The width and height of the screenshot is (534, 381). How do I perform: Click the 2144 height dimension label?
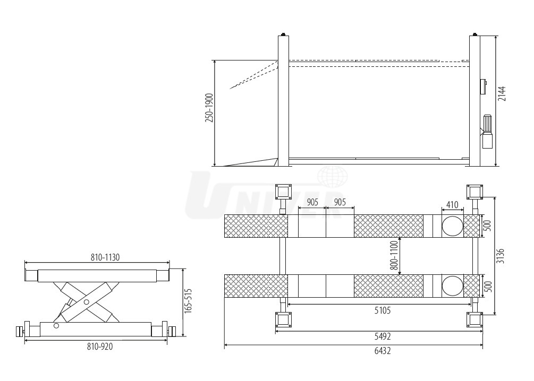tap(502, 93)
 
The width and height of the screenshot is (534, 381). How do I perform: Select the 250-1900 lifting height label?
tap(209, 108)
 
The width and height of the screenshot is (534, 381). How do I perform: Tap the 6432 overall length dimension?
tap(383, 351)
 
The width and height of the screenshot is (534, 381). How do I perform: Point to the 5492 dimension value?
tap(383, 336)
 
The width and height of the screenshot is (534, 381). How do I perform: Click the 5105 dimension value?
tap(383, 310)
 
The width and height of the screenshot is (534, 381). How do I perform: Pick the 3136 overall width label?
tap(501, 256)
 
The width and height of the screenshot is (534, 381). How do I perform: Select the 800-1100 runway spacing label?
tap(394, 255)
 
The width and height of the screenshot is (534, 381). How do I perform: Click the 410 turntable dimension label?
tap(452, 205)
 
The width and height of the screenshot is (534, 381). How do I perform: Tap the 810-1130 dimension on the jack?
tap(105, 257)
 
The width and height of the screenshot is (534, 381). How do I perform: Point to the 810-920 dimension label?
tap(100, 347)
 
